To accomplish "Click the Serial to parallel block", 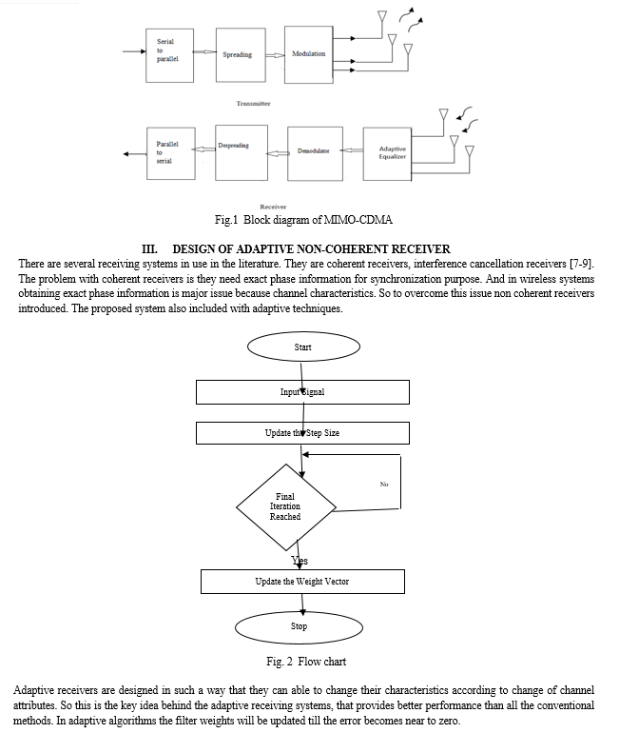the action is tap(169, 55).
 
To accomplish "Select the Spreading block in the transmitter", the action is tap(241, 54).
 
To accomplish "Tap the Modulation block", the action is tap(309, 54).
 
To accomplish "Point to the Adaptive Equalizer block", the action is tap(387, 154).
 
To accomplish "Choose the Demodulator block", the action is tap(315, 153).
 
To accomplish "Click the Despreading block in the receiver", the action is tap(242, 152).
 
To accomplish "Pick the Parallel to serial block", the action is tap(171, 153).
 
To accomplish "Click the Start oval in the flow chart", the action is tap(303, 347).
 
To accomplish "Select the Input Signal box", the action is tap(302, 392).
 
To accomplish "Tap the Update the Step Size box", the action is tap(302, 433).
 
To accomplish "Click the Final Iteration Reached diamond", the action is tap(285, 507).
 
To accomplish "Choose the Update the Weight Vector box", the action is tap(302, 582).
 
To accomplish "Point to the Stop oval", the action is tap(299, 627).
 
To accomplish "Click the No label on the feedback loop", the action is tap(384, 485).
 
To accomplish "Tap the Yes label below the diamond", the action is tap(300, 560).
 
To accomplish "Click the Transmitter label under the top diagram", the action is tap(253, 104).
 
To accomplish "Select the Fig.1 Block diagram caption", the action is tap(303, 220).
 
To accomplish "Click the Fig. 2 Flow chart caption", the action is tap(306, 662).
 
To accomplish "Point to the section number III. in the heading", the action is tap(149, 249).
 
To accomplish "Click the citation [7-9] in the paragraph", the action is tap(581, 264).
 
